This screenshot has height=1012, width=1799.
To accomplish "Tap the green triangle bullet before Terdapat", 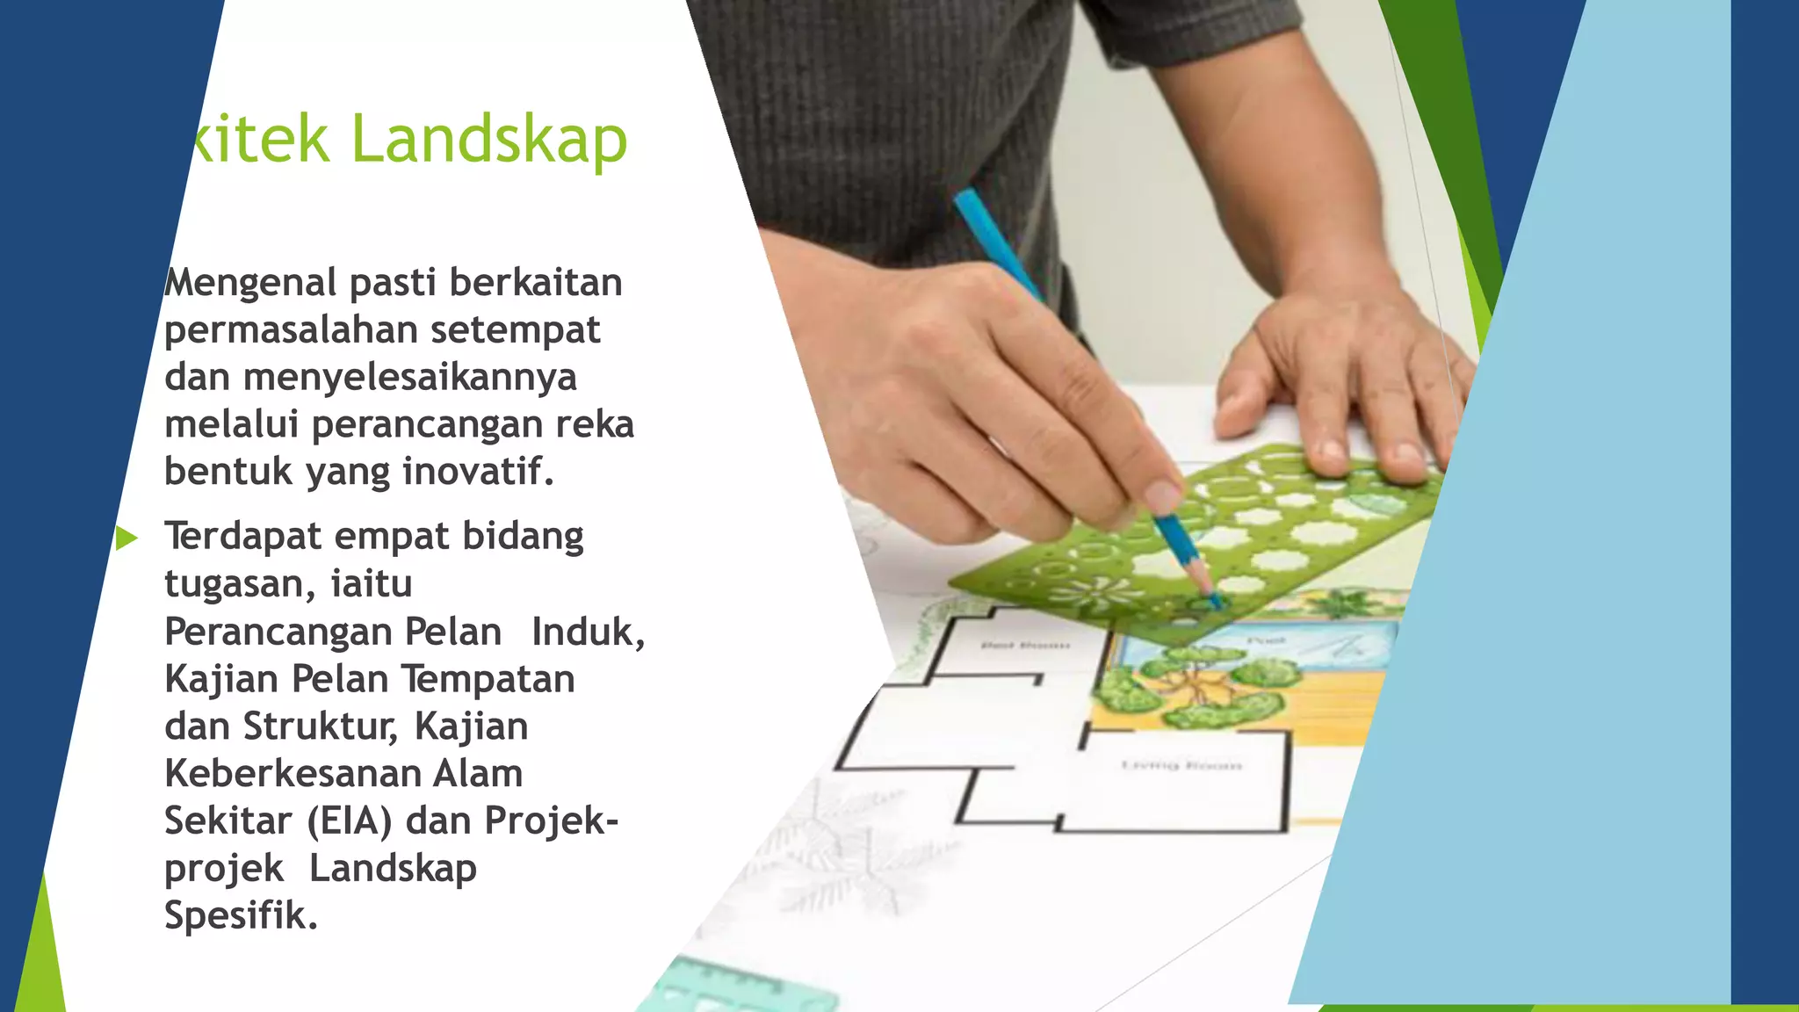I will click(126, 539).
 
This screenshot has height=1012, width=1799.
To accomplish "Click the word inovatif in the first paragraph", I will click(478, 472).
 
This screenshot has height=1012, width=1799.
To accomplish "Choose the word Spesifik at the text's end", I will click(241, 916).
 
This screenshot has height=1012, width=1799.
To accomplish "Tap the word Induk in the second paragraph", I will click(587, 632).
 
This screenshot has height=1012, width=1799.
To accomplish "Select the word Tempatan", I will click(488, 679).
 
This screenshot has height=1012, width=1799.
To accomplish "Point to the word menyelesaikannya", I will click(409, 378).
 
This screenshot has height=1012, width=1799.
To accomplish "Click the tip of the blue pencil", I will click(1217, 603).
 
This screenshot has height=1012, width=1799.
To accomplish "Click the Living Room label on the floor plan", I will click(1181, 766).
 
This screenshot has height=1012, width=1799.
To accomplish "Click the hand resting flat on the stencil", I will click(1344, 387).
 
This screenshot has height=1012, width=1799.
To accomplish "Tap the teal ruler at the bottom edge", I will click(738, 988).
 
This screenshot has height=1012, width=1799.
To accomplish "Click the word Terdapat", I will click(243, 537).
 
